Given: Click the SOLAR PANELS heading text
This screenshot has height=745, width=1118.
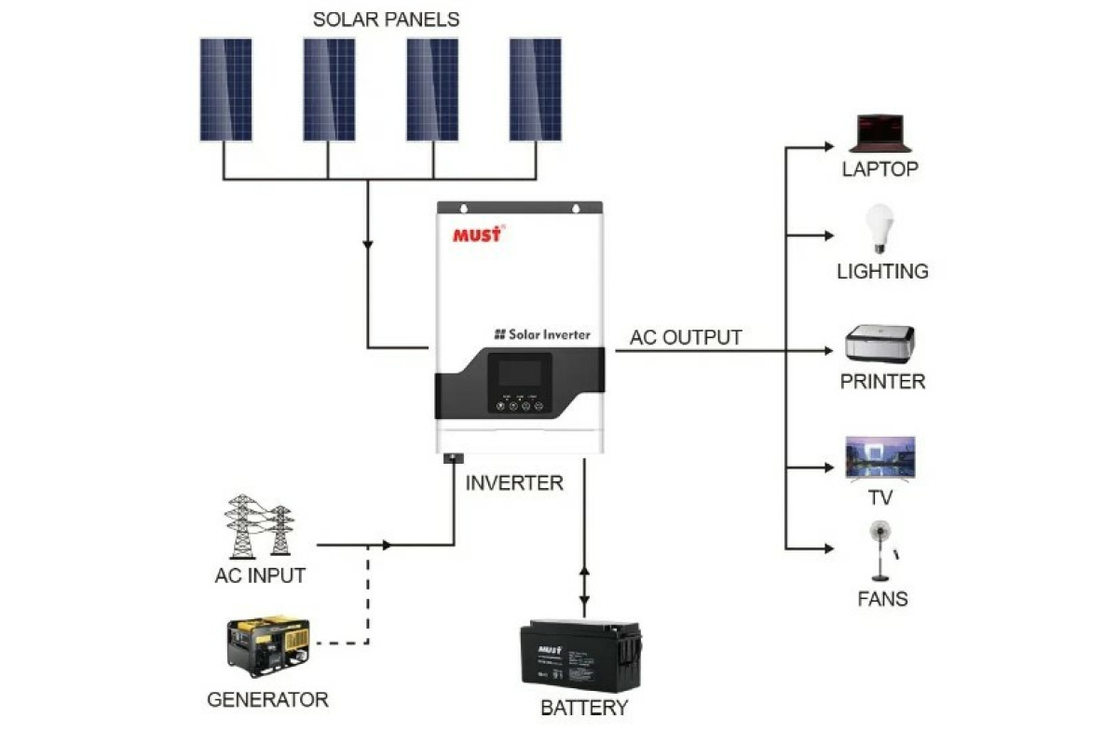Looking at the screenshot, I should (x=386, y=20).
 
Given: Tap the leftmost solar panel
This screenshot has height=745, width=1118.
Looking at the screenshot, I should (x=225, y=89).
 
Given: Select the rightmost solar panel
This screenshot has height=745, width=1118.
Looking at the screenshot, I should (x=535, y=89).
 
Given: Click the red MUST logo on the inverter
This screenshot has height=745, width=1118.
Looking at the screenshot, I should (x=477, y=234).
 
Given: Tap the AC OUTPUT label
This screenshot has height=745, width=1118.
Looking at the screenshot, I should (x=686, y=337).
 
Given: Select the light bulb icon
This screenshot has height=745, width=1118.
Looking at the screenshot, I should (x=879, y=228).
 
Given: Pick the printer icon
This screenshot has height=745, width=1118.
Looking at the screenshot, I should (x=880, y=345).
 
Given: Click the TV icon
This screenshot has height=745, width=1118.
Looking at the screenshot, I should (x=880, y=457).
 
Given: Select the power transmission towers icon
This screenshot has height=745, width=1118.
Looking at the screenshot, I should (x=258, y=526).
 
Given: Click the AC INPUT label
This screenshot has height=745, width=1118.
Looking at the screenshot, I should (x=260, y=576).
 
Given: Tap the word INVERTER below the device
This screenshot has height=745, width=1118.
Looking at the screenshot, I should (x=514, y=483).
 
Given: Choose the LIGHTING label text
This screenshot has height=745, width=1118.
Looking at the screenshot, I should (x=882, y=272).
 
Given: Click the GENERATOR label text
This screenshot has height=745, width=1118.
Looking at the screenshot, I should (x=267, y=699).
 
